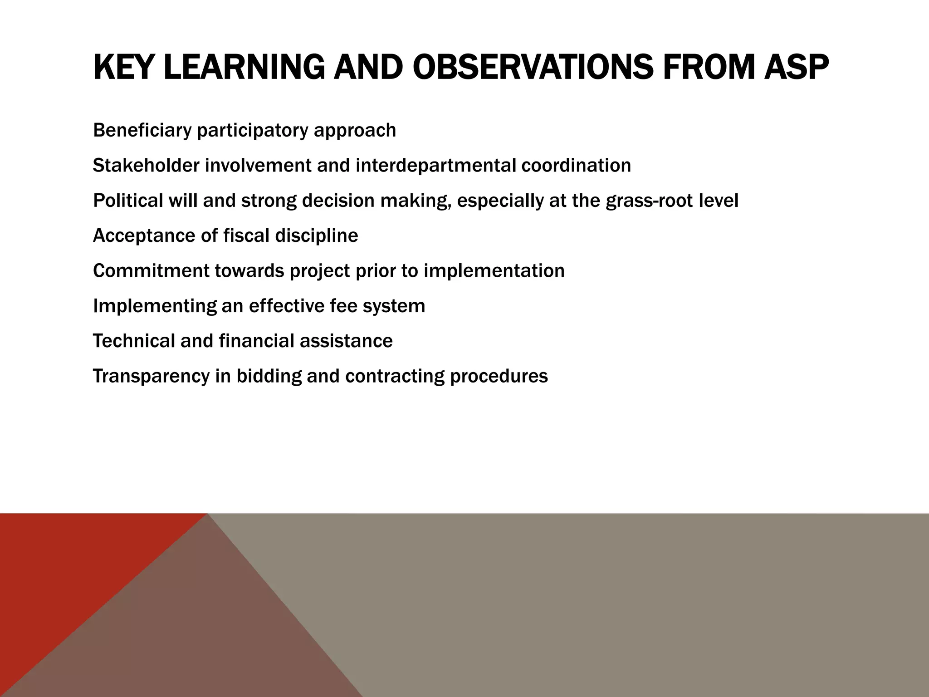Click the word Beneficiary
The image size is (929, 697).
pyautogui.click(x=142, y=131)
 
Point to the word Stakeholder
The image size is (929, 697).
pyautogui.click(x=146, y=166)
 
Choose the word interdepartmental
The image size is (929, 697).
pyautogui.click(x=435, y=166)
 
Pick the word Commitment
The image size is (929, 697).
pyautogui.click(x=151, y=271)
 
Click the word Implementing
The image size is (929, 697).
pyautogui.click(x=155, y=306)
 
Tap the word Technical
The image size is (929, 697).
pyautogui.click(x=134, y=341)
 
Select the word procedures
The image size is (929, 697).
pyautogui.click(x=499, y=376)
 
